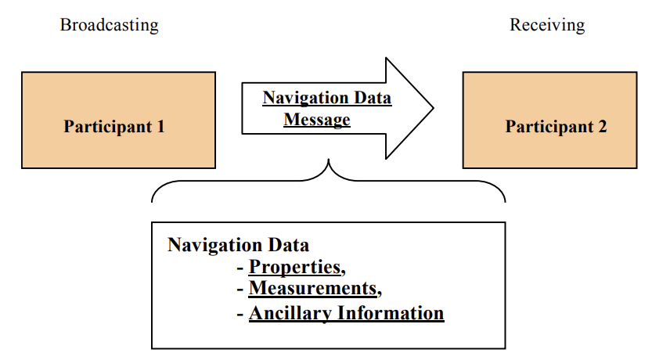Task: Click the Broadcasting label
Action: coord(109,25)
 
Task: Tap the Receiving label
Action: coord(547,25)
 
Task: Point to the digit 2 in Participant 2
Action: coord(602,127)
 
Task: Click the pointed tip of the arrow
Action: coord(433,107)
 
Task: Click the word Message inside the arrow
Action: coord(317,120)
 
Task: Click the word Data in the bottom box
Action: coord(289,245)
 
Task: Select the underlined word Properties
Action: coord(295,267)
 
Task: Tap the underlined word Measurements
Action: coord(312,289)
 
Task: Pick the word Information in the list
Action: coord(391,314)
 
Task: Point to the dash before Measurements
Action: coord(240,290)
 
